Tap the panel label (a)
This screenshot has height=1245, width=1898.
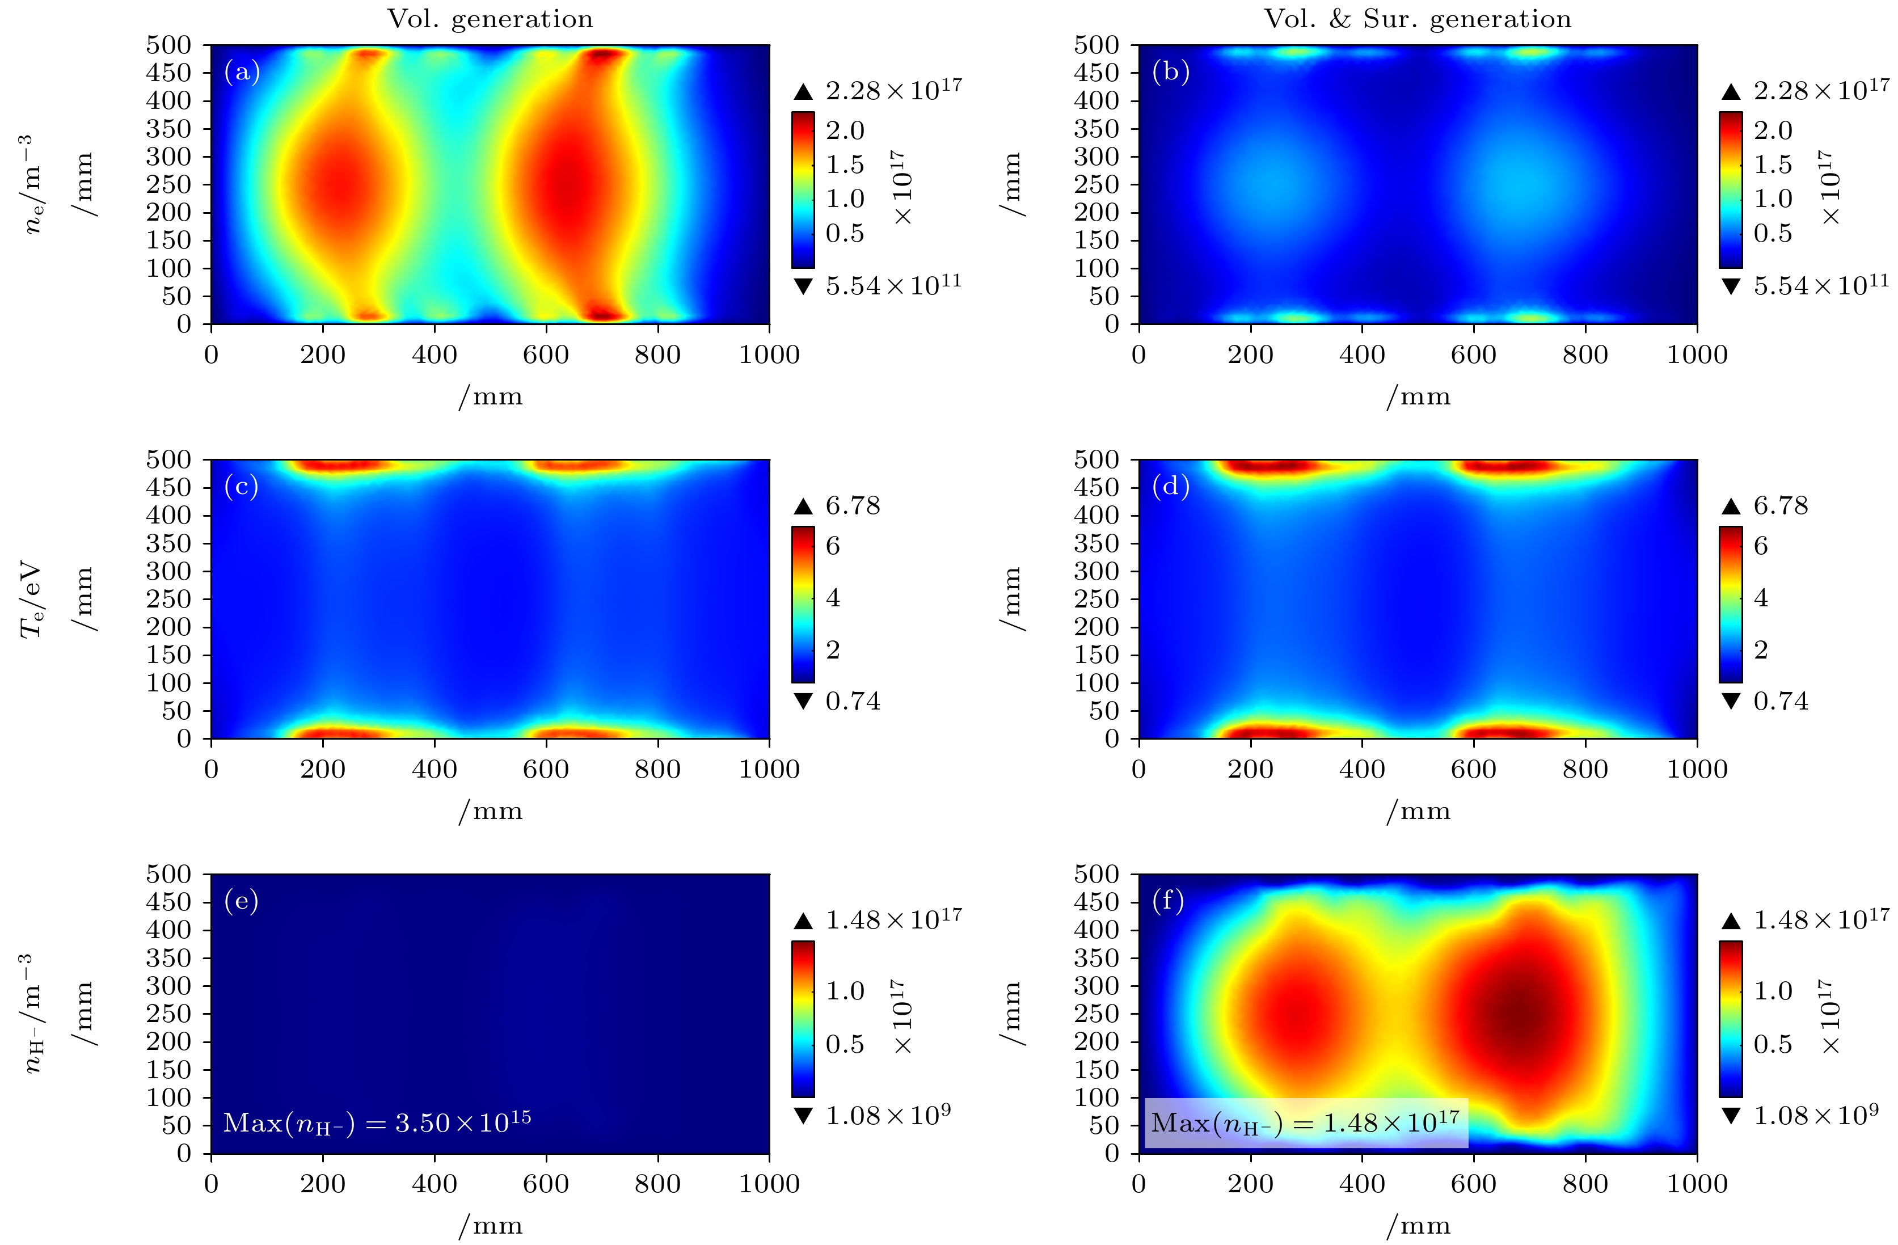pos(242,72)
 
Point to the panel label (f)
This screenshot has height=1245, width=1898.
pos(1169,901)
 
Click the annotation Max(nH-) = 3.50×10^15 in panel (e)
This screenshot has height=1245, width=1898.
pos(377,1122)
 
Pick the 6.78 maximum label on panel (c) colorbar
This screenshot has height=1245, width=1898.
pos(853,505)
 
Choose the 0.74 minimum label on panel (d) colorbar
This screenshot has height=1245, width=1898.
pos(1781,701)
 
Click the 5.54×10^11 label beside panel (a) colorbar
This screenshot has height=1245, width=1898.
pos(893,285)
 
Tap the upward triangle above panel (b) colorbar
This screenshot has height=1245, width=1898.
pos(1731,92)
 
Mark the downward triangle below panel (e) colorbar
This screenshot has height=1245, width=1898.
pos(803,1115)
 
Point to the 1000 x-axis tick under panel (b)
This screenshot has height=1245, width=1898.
pos(1696,355)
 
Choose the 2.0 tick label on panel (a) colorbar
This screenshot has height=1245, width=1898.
pos(845,130)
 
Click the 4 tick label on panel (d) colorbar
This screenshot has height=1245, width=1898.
pos(1761,597)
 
